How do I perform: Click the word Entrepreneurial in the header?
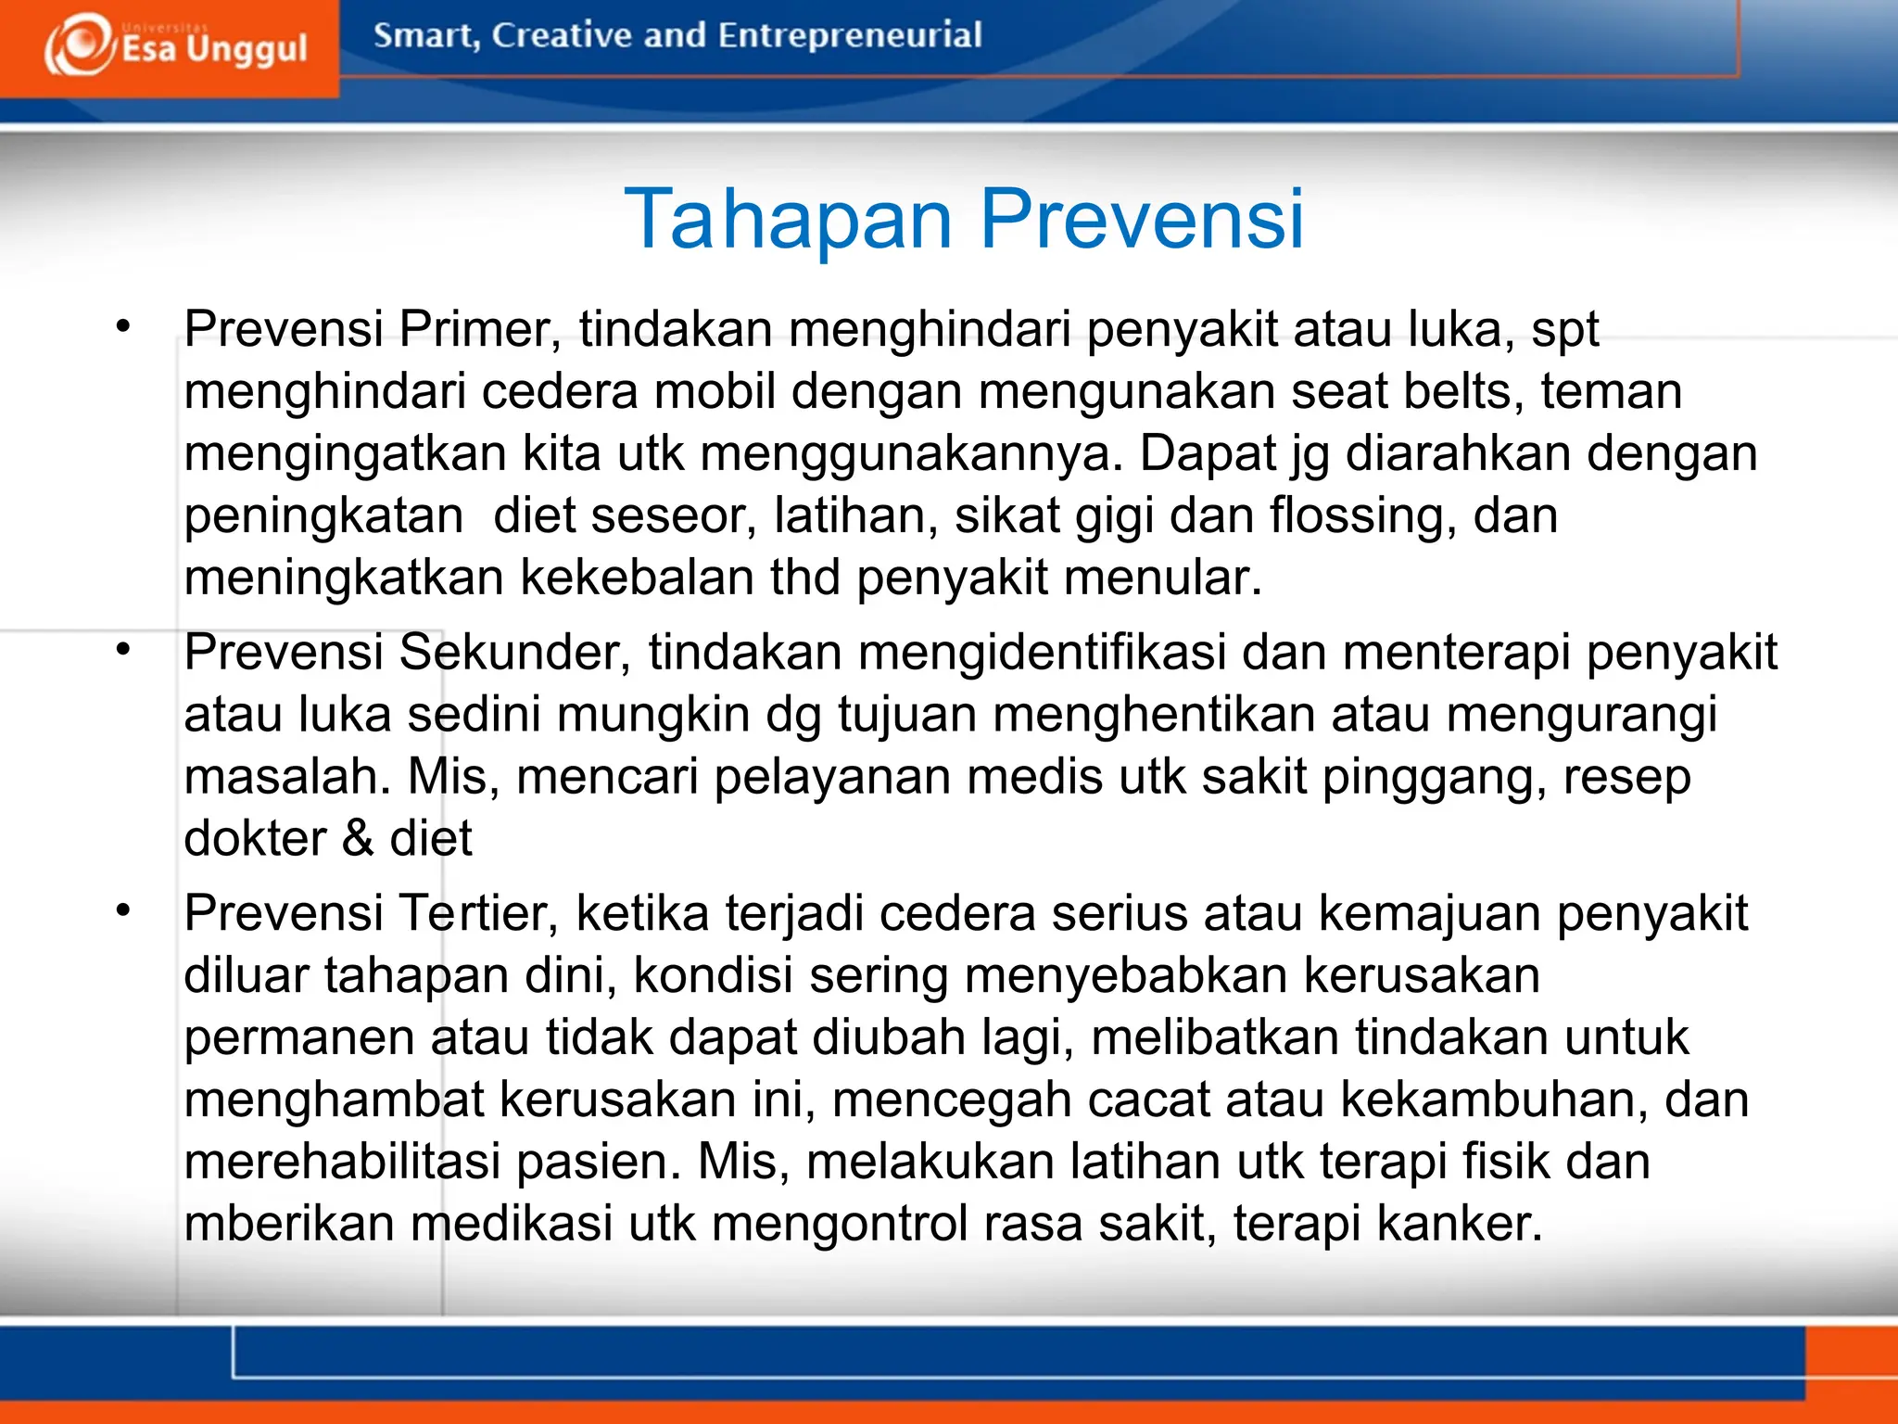point(849,35)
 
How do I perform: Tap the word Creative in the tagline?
point(561,35)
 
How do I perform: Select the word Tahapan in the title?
point(789,219)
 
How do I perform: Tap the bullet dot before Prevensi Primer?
point(123,325)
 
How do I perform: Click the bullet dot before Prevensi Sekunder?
point(123,649)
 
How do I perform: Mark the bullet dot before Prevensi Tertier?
point(123,909)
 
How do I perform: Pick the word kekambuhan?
point(1493,1100)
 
